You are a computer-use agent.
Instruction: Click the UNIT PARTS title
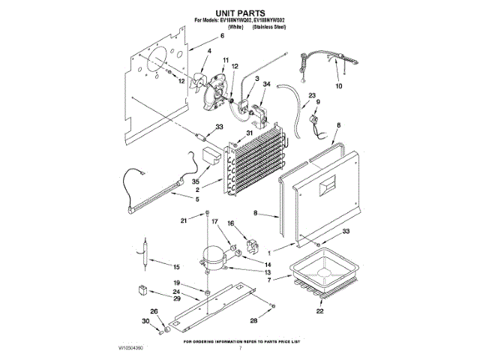[x=240, y=13]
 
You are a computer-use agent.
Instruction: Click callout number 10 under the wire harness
[x=337, y=87]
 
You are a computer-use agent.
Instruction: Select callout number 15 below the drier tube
[x=178, y=267]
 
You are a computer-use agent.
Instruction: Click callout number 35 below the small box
[x=196, y=181]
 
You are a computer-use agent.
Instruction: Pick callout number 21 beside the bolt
[x=183, y=220]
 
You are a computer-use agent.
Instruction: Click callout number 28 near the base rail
[x=253, y=321]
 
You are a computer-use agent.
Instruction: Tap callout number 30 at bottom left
[x=147, y=321]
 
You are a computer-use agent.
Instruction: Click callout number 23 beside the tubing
[x=311, y=95]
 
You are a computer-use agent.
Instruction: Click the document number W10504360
[x=130, y=349]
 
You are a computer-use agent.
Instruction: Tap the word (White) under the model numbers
[x=238, y=26]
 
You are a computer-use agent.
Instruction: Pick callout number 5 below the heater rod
[x=197, y=199]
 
